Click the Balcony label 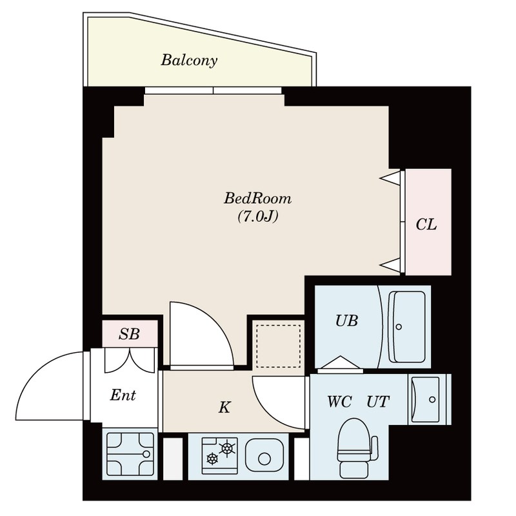coord(189,61)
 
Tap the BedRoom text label coord(257,198)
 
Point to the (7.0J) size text coord(257,217)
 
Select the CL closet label coord(426,225)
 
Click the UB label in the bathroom coord(346,321)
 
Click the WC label coord(339,402)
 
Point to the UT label coord(378,402)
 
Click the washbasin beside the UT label coord(426,399)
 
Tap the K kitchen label coord(224,408)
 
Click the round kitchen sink coord(264,459)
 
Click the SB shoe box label coord(130,334)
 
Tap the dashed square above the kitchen coord(278,346)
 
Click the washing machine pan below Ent coord(130,455)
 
